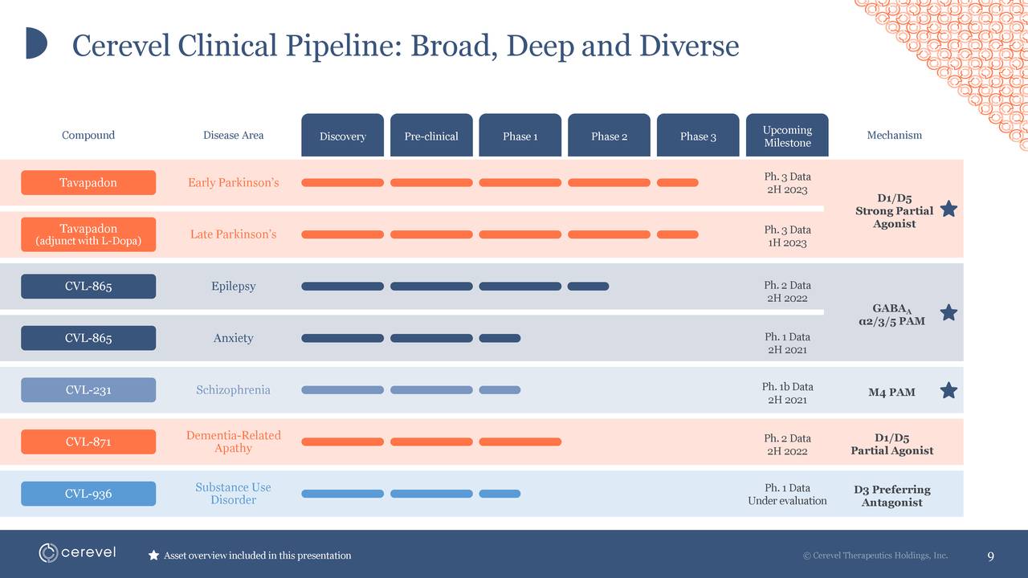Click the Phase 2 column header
[609, 136]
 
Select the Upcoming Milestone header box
[787, 136]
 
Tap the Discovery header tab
[342, 136]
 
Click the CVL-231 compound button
[88, 390]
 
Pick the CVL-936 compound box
[88, 494]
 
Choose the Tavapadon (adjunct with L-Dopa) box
[88, 234]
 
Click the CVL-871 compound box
[88, 442]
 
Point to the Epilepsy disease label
[233, 287]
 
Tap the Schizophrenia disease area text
[233, 390]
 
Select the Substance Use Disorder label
[233, 494]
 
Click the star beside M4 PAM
[948, 390]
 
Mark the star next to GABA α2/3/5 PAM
[948, 312]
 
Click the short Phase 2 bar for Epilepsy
[588, 287]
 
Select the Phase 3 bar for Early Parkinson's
[677, 183]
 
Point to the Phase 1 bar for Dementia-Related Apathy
[520, 442]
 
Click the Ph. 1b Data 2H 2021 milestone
[787, 393]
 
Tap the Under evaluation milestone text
[787, 501]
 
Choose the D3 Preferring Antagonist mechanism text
[891, 496]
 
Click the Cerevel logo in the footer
[77, 552]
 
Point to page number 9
[990, 556]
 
